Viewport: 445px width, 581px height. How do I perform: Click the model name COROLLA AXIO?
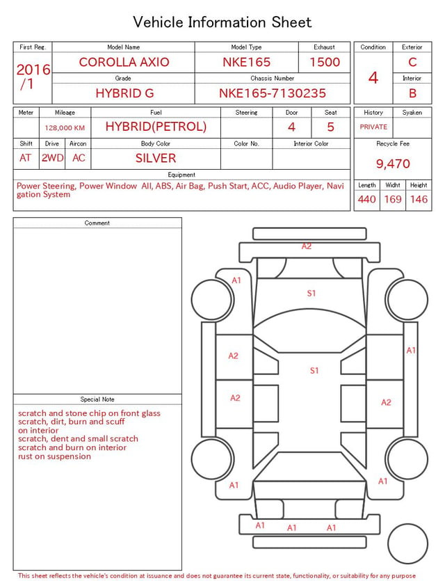(124, 62)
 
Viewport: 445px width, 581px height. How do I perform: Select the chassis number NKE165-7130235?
(273, 93)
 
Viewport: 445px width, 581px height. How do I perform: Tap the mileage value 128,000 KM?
(65, 128)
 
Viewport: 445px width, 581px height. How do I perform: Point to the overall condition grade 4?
(373, 77)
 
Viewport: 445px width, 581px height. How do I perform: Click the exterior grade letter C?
(412, 62)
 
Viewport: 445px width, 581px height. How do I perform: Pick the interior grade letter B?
(412, 93)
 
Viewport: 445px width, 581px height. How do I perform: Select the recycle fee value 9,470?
(393, 164)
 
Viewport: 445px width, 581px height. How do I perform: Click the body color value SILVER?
(156, 158)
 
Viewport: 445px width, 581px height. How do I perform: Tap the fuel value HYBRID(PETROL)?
(156, 127)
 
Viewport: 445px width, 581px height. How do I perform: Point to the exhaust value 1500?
(325, 62)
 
